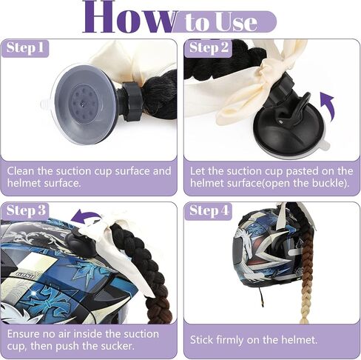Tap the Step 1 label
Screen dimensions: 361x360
[x=25, y=47]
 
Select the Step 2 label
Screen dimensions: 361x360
[x=209, y=47]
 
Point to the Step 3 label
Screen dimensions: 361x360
[x=26, y=210]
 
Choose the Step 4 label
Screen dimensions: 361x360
[x=209, y=210]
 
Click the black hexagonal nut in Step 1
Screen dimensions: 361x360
[x=131, y=101]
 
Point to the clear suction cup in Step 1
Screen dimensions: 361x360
[x=83, y=104]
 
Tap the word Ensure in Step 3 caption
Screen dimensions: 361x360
[x=23, y=334]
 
